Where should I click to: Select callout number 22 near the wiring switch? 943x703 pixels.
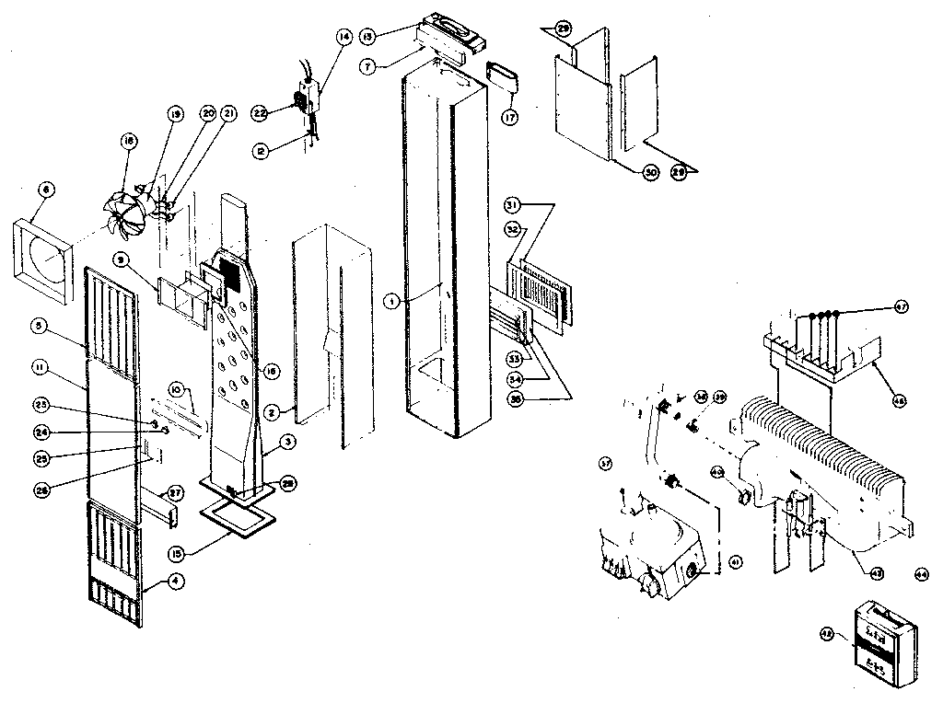click(260, 112)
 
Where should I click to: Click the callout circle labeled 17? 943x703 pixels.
click(509, 118)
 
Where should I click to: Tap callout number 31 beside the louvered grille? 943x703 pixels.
click(513, 203)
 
